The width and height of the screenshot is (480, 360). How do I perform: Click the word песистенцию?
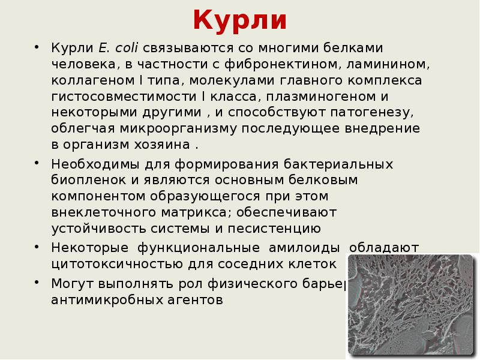click(275, 229)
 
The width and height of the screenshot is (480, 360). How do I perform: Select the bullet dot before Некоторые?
click(38, 247)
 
